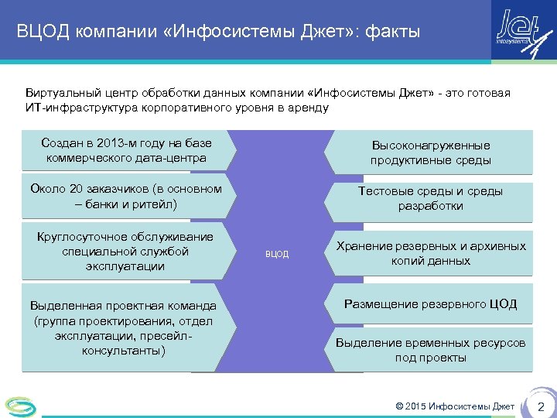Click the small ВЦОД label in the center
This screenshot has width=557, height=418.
pyautogui.click(x=277, y=254)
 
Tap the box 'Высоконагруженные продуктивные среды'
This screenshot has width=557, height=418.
pyautogui.click(x=430, y=153)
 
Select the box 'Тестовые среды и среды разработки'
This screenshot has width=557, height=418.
pyautogui.click(x=430, y=199)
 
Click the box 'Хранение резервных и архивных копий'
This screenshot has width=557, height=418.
pyautogui.click(x=430, y=253)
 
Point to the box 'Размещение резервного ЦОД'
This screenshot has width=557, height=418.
pyautogui.click(x=430, y=304)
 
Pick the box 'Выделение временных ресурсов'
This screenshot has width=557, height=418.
pyautogui.click(x=430, y=350)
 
